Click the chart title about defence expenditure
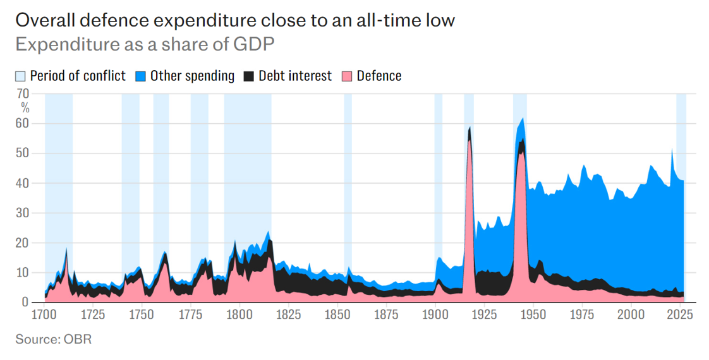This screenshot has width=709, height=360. [x=234, y=20]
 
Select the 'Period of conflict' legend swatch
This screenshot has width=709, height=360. [x=20, y=76]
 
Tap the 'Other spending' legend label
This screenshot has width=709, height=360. [x=192, y=76]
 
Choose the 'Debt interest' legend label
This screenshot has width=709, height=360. [x=295, y=76]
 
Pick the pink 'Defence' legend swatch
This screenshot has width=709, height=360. [x=347, y=76]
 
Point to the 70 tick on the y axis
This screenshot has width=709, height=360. [x=23, y=94]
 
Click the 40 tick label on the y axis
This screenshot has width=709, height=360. [x=23, y=183]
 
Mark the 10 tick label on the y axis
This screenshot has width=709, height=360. [x=23, y=273]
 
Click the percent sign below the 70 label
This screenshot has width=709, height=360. [x=25, y=107]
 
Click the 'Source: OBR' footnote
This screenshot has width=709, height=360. [x=54, y=340]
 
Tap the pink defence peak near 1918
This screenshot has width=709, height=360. [x=470, y=142]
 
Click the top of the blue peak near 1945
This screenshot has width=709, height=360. [x=522, y=119]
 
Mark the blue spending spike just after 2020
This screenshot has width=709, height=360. [x=672, y=150]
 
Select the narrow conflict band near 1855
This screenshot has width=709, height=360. [x=348, y=189]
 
